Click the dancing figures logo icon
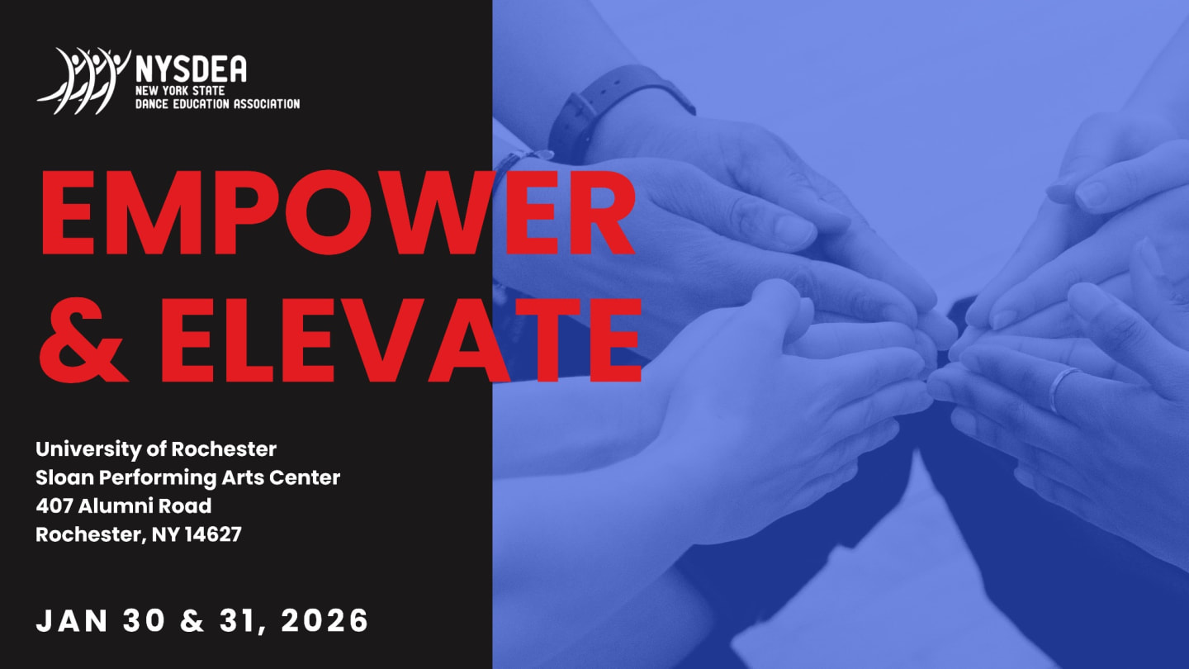pos(83,80)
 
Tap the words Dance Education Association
pos(217,104)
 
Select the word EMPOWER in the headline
pos(337,213)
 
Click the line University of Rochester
pos(156,450)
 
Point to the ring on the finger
pos(1063,388)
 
